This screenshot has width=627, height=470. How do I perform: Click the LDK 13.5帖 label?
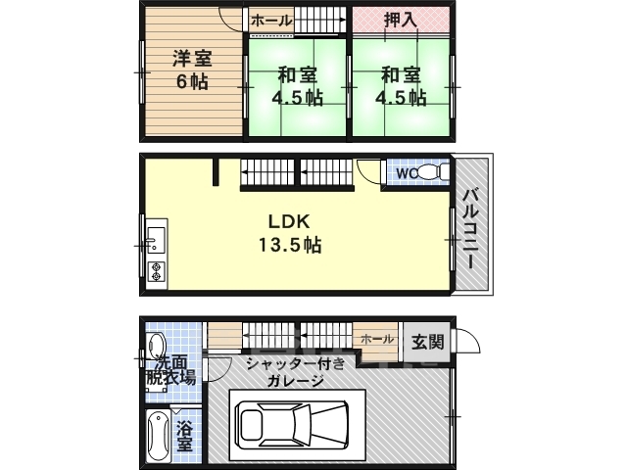click(291, 233)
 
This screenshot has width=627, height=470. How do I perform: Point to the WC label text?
click(407, 173)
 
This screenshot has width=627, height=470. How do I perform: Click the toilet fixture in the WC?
click(440, 173)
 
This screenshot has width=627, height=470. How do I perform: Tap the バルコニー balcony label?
click(469, 226)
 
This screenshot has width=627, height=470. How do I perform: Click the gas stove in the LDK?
click(156, 271)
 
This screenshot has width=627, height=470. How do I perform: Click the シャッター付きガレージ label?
click(284, 372)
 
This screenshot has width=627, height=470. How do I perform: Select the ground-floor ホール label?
click(377, 339)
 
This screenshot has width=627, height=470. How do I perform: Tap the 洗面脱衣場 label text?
click(172, 368)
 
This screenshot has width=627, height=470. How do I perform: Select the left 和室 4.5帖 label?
click(296, 85)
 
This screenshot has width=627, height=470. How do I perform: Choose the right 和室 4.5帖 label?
click(402, 85)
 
